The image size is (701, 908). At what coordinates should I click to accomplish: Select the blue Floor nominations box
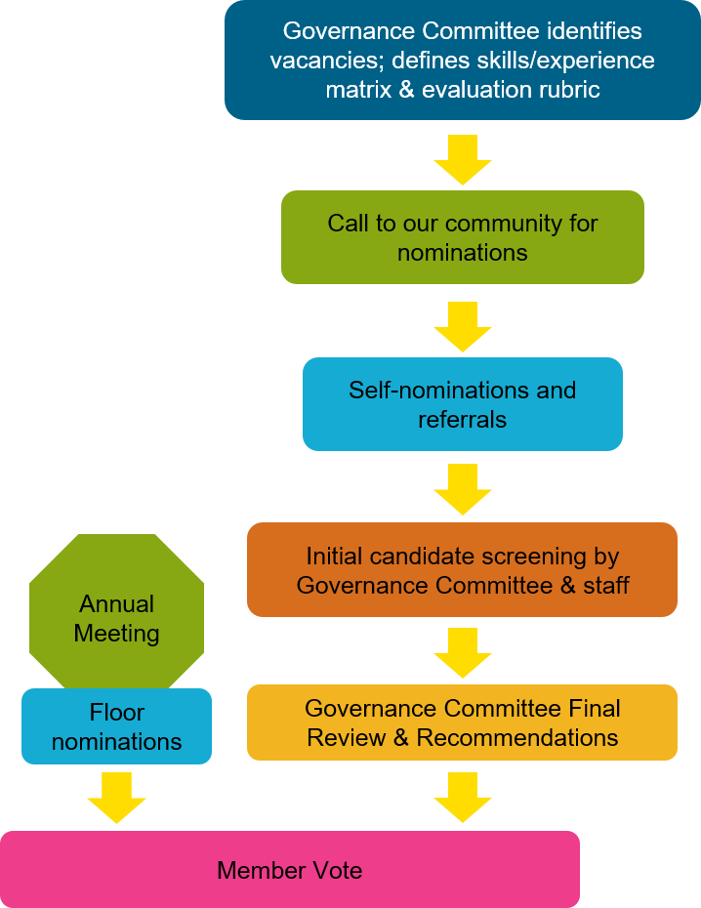116,726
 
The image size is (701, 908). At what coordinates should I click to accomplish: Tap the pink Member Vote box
289,869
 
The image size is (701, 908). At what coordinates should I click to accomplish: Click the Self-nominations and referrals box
462,404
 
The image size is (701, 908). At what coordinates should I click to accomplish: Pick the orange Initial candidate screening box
462,570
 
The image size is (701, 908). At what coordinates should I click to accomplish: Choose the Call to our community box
462,237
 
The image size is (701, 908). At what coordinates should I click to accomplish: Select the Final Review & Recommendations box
462,722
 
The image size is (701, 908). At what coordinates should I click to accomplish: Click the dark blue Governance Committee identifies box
462,61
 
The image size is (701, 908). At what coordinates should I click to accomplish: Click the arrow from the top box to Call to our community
462,159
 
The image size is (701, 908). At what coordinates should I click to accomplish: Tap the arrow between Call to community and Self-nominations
462,326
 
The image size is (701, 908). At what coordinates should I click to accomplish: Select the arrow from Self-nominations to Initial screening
462,488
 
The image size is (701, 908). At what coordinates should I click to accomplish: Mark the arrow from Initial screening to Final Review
462,652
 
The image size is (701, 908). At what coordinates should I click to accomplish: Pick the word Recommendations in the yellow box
517,737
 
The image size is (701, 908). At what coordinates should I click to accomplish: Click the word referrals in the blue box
462,420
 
